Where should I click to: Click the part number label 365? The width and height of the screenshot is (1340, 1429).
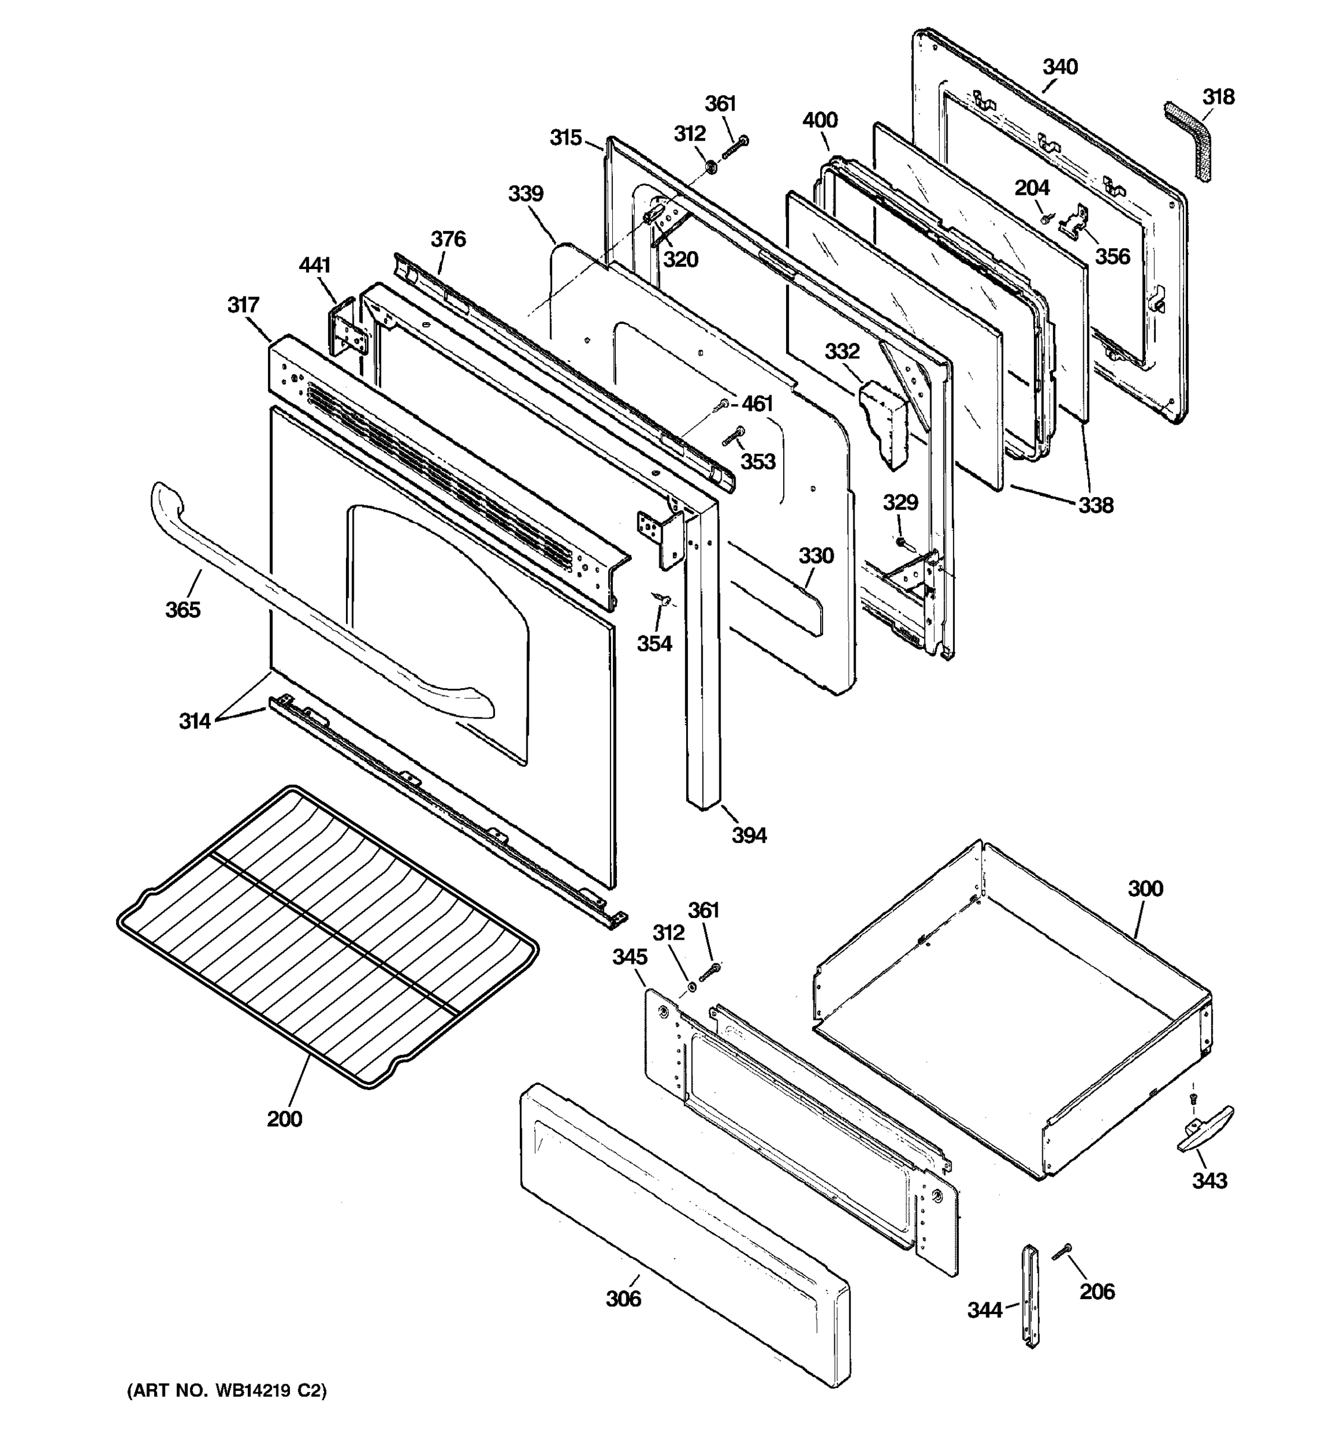(183, 610)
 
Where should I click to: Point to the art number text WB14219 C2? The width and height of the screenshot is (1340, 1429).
(226, 1391)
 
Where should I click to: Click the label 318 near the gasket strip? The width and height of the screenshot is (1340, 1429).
(1219, 96)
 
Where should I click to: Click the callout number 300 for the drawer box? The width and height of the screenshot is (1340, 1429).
(1145, 888)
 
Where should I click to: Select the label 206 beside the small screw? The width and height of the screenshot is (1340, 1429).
(1097, 1291)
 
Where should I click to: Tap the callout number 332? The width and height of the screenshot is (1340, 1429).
(842, 351)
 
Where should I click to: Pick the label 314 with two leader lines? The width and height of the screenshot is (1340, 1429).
(194, 720)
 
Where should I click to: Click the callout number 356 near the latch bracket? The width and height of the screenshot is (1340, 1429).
(1112, 256)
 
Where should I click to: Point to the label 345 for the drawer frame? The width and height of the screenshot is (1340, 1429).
(630, 957)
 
